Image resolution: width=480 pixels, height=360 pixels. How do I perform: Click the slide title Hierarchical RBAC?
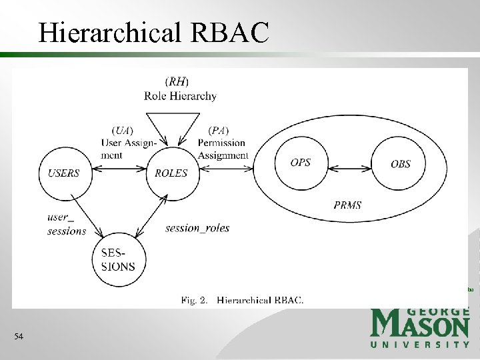click(153, 31)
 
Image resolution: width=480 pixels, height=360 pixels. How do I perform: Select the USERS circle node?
click(64, 173)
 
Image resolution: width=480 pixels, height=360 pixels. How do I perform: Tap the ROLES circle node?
click(171, 173)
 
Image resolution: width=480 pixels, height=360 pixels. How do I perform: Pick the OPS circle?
click(301, 163)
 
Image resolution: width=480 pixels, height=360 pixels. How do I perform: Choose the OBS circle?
click(400, 163)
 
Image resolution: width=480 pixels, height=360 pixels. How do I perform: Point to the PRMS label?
click(347, 205)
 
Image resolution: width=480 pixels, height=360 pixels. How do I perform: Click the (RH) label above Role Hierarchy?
click(178, 81)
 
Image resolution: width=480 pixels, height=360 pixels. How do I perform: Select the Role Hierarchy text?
click(180, 96)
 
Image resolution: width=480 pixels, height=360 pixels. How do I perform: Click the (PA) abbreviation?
click(219, 129)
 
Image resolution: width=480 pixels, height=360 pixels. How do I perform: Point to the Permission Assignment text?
click(223, 149)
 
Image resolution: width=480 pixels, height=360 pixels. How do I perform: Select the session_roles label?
click(197, 228)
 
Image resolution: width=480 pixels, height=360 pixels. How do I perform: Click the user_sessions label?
click(67, 224)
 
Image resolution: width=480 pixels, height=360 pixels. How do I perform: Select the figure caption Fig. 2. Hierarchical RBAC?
click(242, 300)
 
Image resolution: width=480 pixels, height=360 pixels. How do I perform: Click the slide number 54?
click(19, 337)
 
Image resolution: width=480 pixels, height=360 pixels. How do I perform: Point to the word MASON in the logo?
click(420, 326)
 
